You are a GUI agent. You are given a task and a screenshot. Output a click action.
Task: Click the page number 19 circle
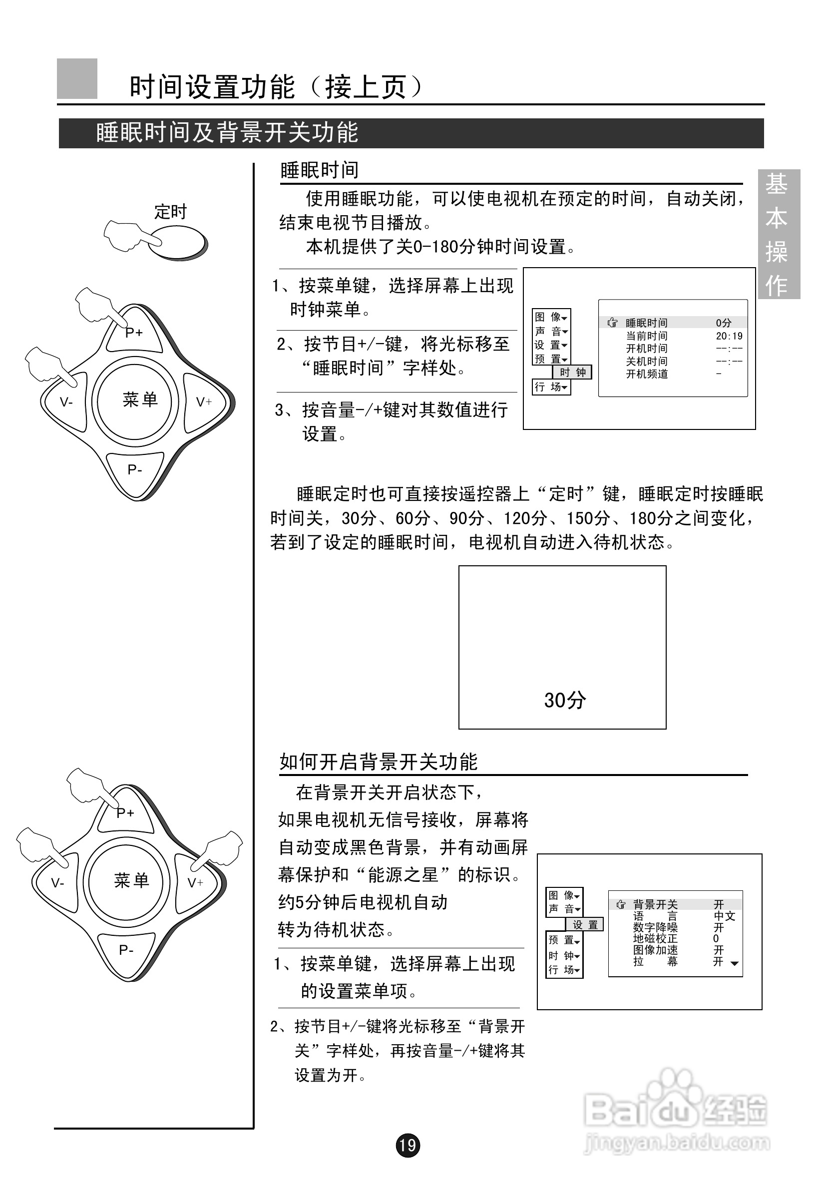tap(408, 1145)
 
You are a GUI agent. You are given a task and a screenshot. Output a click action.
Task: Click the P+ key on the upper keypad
tap(135, 333)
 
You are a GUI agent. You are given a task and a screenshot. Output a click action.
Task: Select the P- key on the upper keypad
tap(135, 469)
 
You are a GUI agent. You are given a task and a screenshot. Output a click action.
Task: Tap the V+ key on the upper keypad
tap(204, 402)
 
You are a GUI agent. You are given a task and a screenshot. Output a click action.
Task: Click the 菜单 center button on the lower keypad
tap(131, 880)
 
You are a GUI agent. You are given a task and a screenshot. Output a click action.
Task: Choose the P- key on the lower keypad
tap(126, 949)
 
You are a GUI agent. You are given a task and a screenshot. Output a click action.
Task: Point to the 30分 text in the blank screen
tap(564, 700)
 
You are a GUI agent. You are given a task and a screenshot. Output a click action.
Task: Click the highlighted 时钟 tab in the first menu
tap(572, 372)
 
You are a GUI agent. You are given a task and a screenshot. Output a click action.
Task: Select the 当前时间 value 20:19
tap(729, 336)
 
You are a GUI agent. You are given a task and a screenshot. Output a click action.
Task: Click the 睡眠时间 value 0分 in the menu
tap(723, 323)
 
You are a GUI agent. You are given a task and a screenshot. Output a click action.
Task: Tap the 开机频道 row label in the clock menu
tap(647, 374)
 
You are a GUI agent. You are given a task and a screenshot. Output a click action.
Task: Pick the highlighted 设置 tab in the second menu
tap(585, 924)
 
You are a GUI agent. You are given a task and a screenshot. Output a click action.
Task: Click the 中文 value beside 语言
tap(724, 916)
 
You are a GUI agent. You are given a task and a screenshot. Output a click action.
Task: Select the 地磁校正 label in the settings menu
tap(655, 938)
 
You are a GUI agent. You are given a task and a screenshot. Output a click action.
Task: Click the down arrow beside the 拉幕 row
tap(735, 963)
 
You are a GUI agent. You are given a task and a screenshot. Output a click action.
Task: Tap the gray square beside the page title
tap(77, 79)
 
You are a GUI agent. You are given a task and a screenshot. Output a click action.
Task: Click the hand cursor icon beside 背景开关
tap(621, 904)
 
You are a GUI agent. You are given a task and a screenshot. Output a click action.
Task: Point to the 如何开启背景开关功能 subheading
tap(379, 762)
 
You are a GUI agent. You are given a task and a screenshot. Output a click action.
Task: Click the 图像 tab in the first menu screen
tap(550, 317)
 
